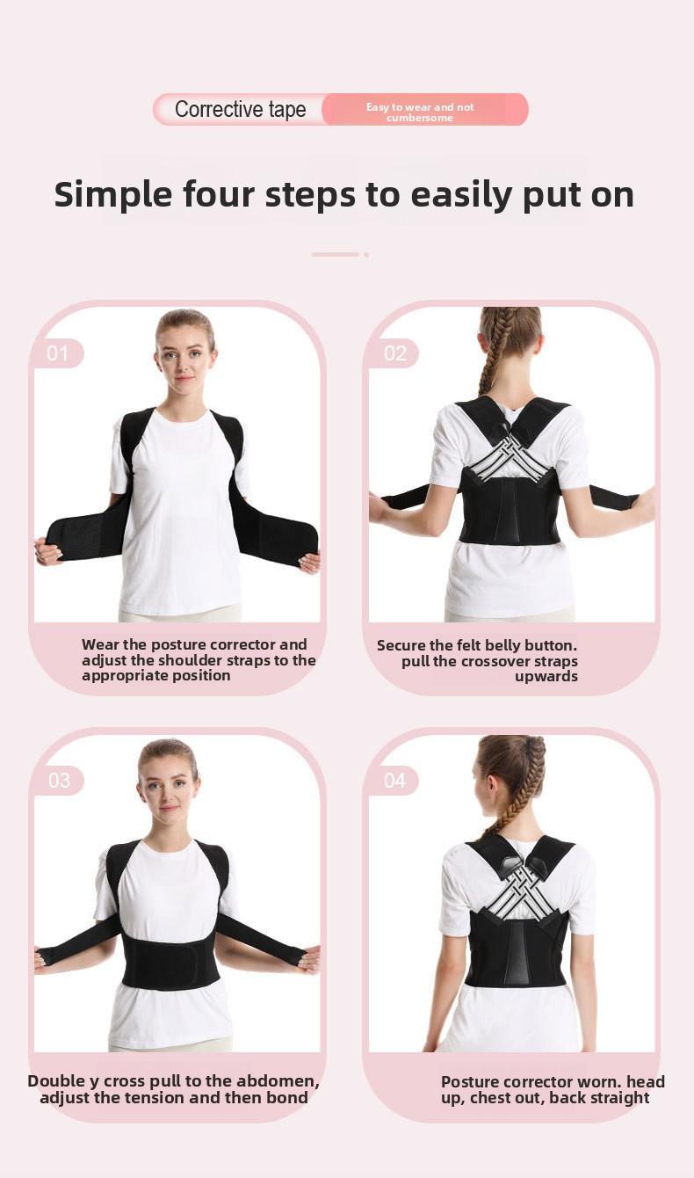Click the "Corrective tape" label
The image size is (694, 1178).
[240, 110]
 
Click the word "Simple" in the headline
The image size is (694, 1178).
[112, 194]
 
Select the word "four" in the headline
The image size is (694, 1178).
[220, 194]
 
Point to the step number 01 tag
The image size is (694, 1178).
[58, 353]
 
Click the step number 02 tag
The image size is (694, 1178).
[394, 353]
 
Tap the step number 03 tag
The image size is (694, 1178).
[59, 781]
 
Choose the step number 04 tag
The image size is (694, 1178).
[394, 781]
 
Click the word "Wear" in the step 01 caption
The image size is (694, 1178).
[100, 644]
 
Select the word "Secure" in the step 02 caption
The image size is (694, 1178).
[405, 645]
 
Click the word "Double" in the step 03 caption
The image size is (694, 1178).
[59, 1081]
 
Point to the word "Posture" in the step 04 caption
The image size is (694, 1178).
[470, 1082]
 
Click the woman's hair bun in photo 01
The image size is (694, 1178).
[185, 316]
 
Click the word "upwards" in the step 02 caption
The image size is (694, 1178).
[546, 676]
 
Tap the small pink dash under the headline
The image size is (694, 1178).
[336, 254]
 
